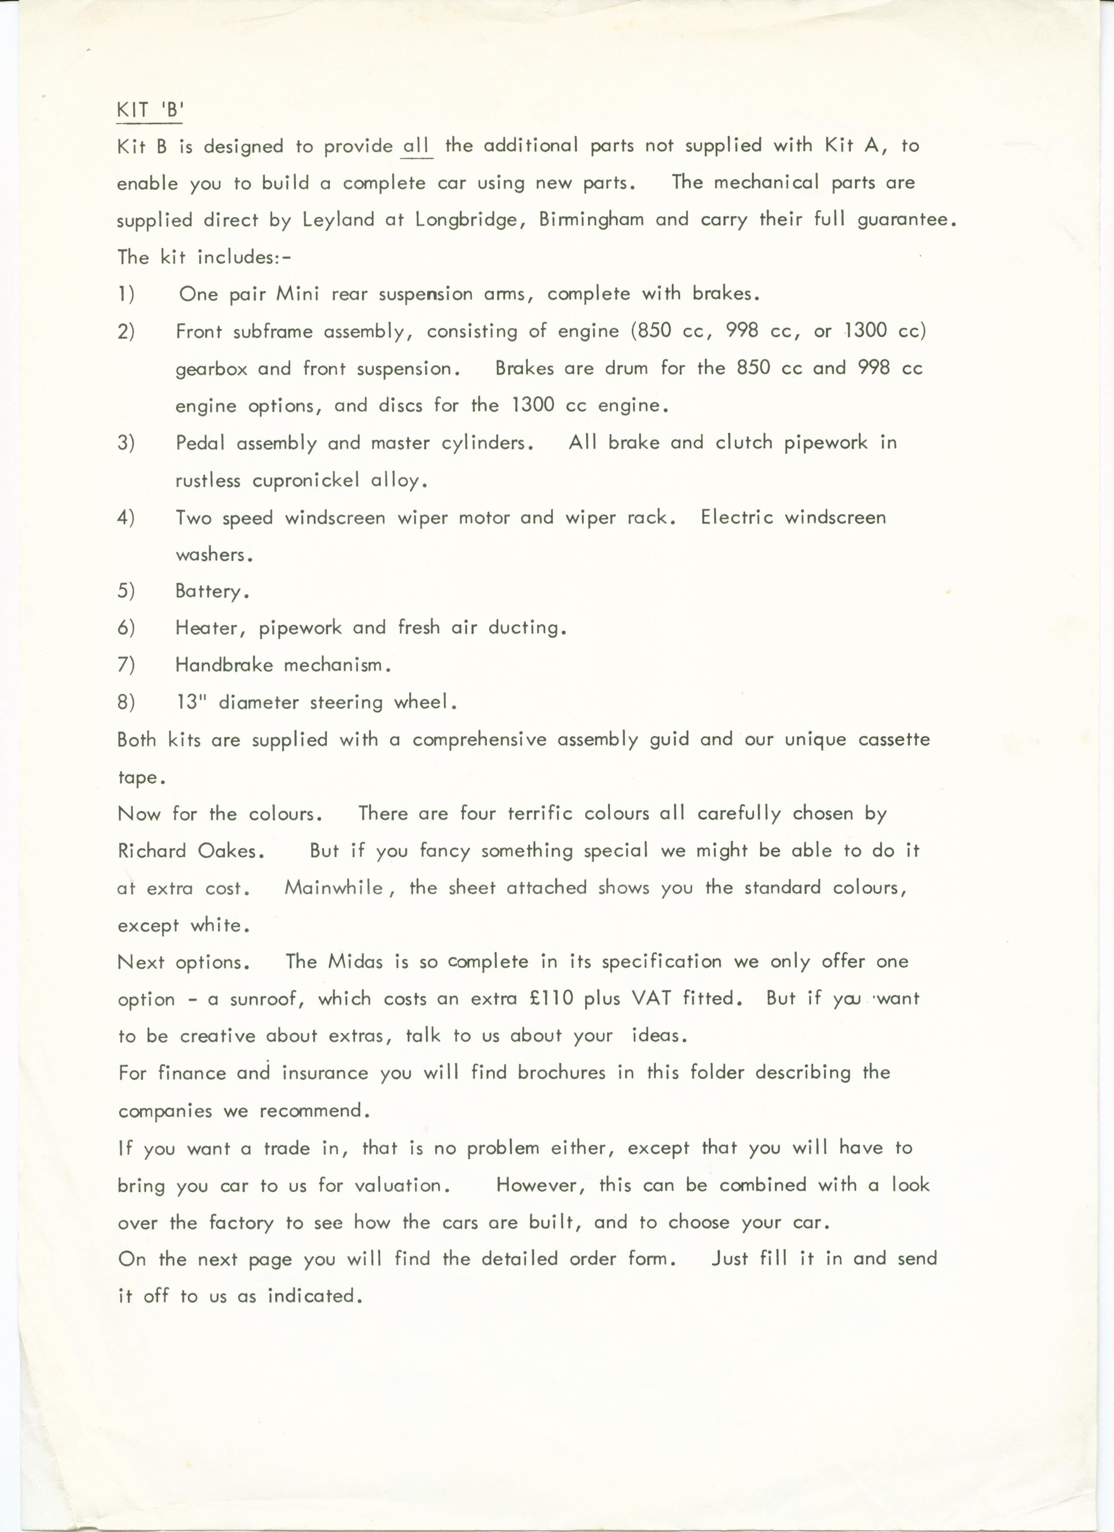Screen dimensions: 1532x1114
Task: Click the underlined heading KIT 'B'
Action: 149,110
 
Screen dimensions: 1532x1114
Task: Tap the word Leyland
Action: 338,220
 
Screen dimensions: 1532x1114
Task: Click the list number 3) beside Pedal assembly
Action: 126,443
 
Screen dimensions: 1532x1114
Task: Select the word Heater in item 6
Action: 206,628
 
